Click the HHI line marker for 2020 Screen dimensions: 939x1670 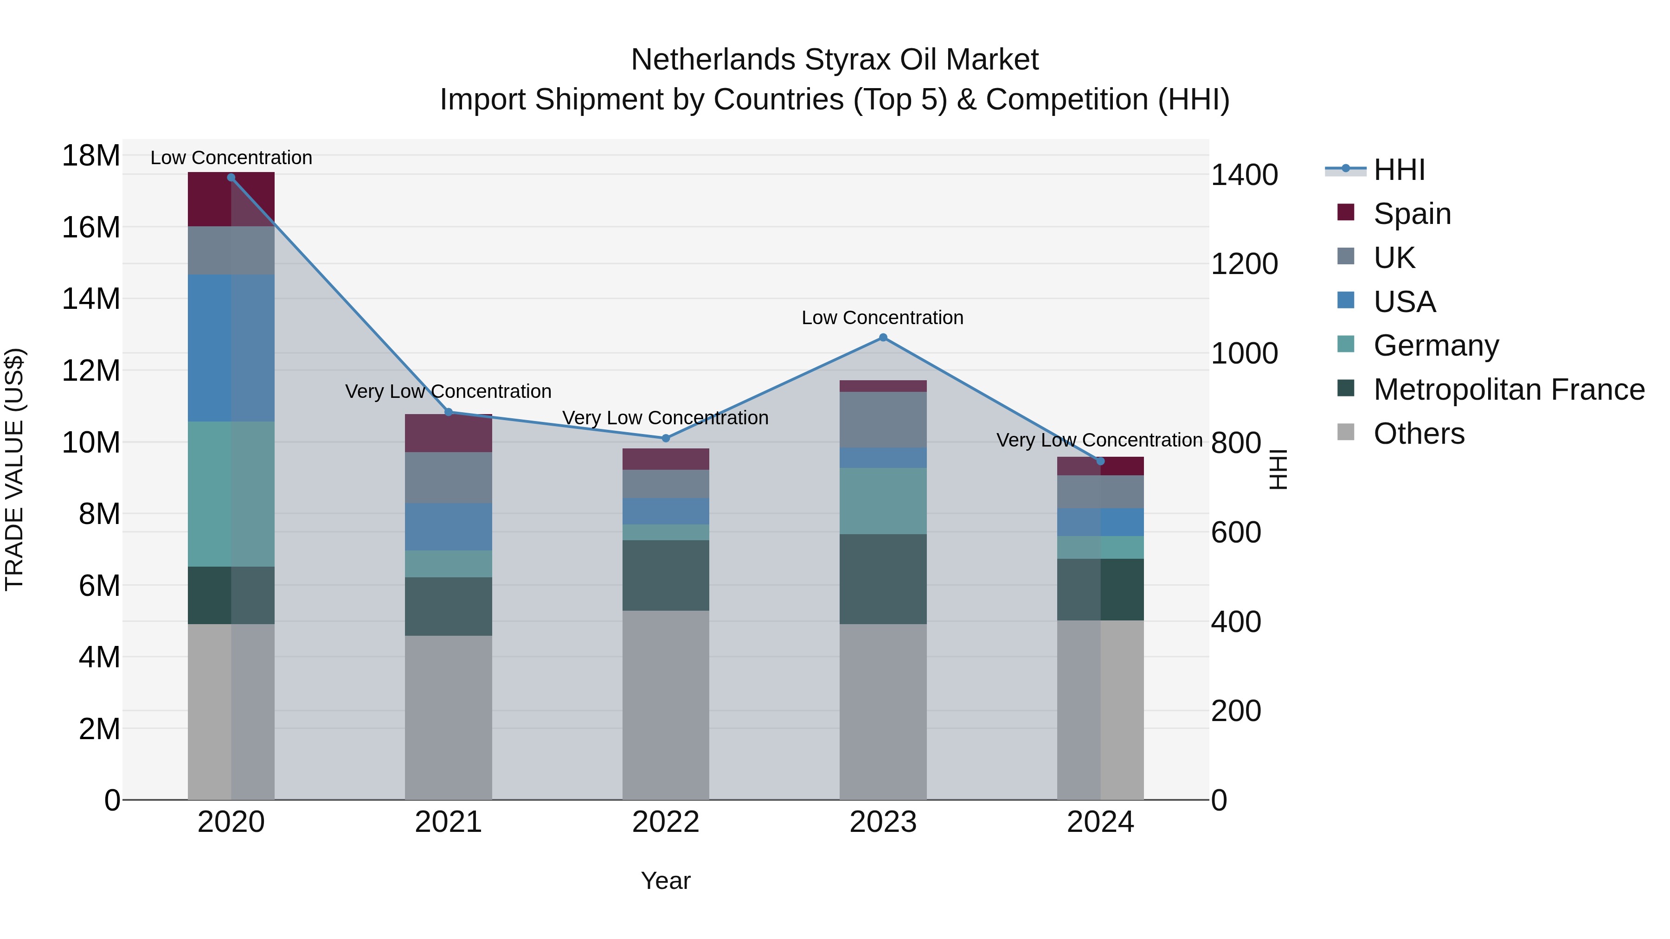pyautogui.click(x=231, y=177)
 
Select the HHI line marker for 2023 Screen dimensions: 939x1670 pyautogui.click(x=882, y=337)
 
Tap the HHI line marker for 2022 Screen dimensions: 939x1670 pyautogui.click(x=665, y=438)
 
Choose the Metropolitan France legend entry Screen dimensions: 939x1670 pyautogui.click(x=1508, y=390)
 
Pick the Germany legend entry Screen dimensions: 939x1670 pyautogui.click(x=1435, y=345)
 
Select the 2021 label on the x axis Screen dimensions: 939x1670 pyautogui.click(x=448, y=822)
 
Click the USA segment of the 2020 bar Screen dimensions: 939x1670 pyautogui.click(x=231, y=347)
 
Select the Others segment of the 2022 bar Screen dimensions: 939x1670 pyautogui.click(x=665, y=704)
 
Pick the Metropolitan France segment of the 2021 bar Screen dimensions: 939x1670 pyautogui.click(x=448, y=606)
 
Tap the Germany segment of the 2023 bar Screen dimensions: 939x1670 pyautogui.click(x=882, y=500)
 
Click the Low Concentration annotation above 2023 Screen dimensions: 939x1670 pyautogui.click(x=882, y=318)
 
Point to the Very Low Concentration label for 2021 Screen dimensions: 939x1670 pyautogui.click(x=448, y=391)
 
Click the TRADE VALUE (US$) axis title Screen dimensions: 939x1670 pyautogui.click(x=14, y=469)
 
